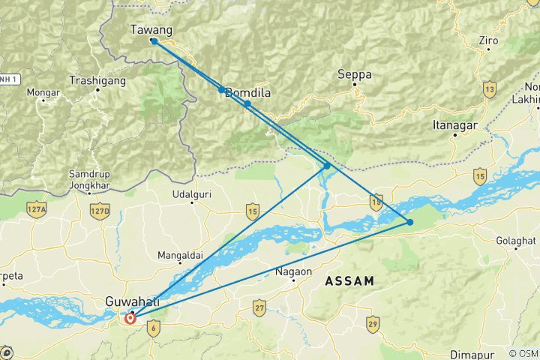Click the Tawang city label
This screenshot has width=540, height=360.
151,30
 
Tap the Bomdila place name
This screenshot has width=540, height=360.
247,93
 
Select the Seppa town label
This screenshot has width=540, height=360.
354,75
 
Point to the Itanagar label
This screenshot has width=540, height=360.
455,125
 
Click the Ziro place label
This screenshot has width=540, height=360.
487,40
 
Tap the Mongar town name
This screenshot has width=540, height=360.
43,93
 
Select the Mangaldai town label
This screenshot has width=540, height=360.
180,256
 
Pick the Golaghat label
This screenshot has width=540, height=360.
516,240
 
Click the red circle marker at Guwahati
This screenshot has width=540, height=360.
130,318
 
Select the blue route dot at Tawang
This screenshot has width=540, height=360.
153,41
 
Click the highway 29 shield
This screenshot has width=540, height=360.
373,323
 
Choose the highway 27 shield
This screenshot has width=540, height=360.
259,308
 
